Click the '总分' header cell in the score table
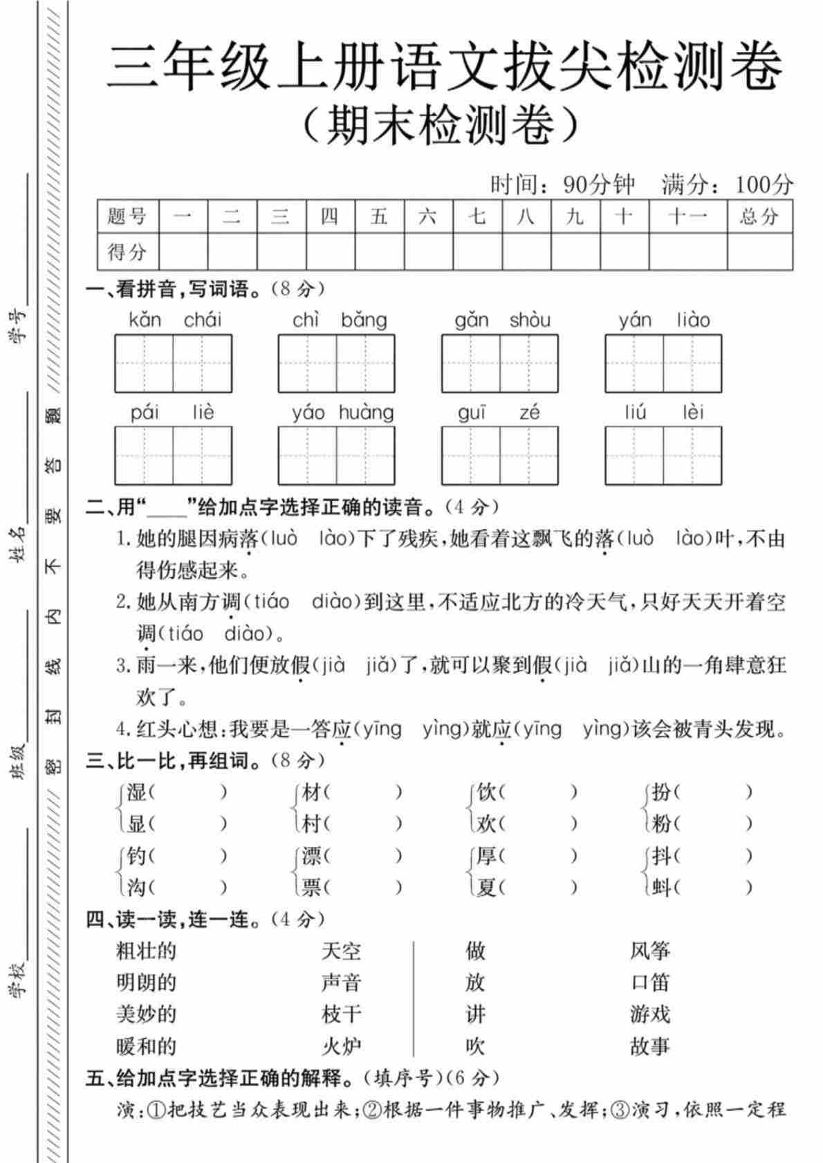pyautogui.click(x=759, y=216)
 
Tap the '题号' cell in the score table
pyautogui.click(x=127, y=216)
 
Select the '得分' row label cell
pyautogui.click(x=127, y=252)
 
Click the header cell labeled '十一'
pyautogui.click(x=687, y=216)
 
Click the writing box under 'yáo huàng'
pyautogui.click(x=336, y=455)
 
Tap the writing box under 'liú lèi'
pyautogui.click(x=663, y=455)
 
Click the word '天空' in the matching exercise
pyautogui.click(x=341, y=951)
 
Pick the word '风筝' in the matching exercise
pyautogui.click(x=650, y=951)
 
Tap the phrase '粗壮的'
pyautogui.click(x=146, y=951)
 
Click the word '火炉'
pyautogui.click(x=341, y=1047)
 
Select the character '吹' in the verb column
pyautogui.click(x=475, y=1047)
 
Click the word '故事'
pyautogui.click(x=650, y=1047)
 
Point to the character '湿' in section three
pyautogui.click(x=136, y=792)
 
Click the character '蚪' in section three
pyautogui.click(x=662, y=887)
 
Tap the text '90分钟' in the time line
pyautogui.click(x=599, y=184)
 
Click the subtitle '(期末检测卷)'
pyautogui.click(x=441, y=126)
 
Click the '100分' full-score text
pyautogui.click(x=764, y=184)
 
